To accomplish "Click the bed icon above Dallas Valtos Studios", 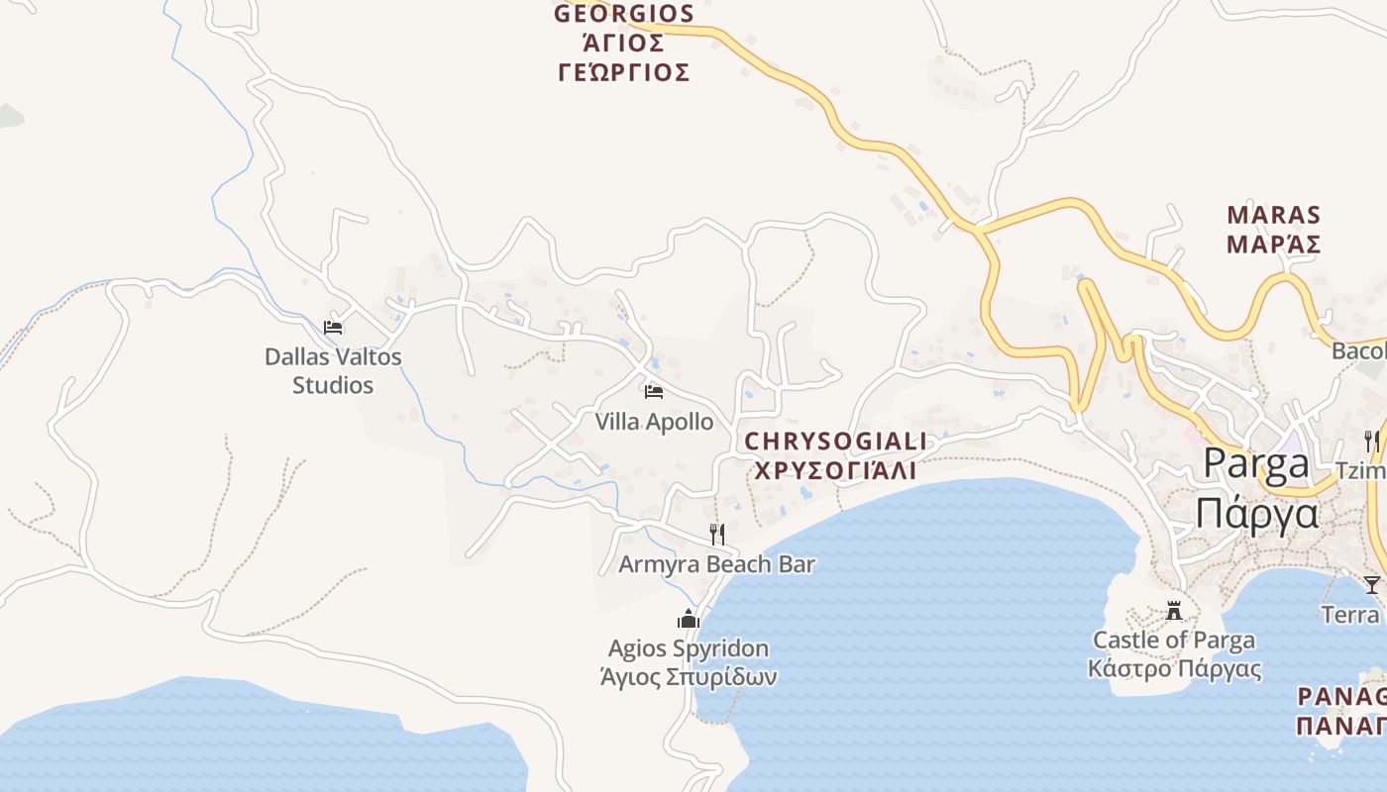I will pos(333,327).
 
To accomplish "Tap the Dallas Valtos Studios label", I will pos(333,370).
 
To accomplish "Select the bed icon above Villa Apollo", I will pos(653,392).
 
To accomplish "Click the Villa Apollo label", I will pos(654,422).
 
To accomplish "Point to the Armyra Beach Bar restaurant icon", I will pos(717,535).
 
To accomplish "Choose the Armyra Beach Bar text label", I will pos(716,564).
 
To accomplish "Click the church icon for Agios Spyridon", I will pos(689,620).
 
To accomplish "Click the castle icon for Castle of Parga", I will pos(1174,609).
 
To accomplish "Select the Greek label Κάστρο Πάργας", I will pos(1174,668).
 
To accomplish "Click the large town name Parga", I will pos(1255,463).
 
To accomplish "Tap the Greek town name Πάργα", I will pos(1257,514).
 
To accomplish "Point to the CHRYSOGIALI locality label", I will pos(835,442).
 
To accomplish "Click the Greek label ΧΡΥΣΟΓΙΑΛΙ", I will pos(835,470).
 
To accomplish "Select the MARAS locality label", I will pos(1273,215).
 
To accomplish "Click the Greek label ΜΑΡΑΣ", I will pos(1273,245).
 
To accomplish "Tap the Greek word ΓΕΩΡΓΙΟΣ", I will pos(623,72).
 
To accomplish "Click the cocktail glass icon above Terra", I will pos(1371,584).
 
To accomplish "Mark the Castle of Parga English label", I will pos(1174,640).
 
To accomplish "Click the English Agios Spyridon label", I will pos(689,648).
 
